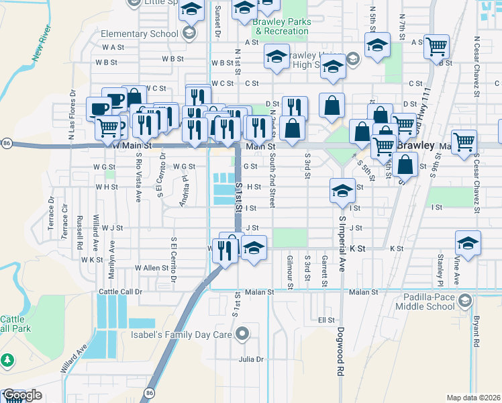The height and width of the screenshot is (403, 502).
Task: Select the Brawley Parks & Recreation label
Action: click(282, 26)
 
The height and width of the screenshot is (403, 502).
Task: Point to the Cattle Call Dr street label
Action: click(121, 292)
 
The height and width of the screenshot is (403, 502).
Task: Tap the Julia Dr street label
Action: click(252, 359)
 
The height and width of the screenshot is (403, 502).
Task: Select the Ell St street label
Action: click(326, 320)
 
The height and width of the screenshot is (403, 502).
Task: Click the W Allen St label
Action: click(152, 267)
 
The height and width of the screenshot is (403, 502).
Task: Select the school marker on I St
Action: click(342, 191)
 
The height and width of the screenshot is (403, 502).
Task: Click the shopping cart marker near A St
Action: click(437, 46)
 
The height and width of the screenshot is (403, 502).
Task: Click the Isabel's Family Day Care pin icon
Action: click(243, 332)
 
